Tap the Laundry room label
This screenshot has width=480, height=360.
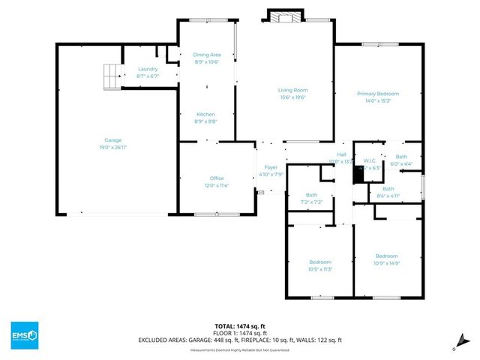pyautogui.click(x=148, y=69)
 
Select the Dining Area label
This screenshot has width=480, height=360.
pyautogui.click(x=206, y=55)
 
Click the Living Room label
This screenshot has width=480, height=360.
pyautogui.click(x=292, y=90)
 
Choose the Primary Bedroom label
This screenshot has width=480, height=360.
pyautogui.click(x=377, y=94)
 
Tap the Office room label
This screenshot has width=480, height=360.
pyautogui.click(x=216, y=178)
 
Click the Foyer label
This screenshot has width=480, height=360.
pyautogui.click(x=271, y=167)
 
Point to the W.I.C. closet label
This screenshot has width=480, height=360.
pyautogui.click(x=369, y=160)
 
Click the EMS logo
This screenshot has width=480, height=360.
pyautogui.click(x=24, y=334)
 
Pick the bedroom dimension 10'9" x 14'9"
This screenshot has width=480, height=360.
pyautogui.click(x=386, y=262)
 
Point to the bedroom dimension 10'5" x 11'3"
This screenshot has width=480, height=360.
pyautogui.click(x=319, y=269)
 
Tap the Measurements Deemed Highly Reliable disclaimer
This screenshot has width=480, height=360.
pyautogui.click(x=239, y=349)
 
